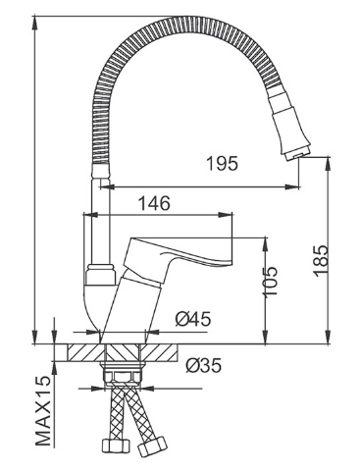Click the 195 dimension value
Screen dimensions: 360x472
pyautogui.click(x=223, y=163)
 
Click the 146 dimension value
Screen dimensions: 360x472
pyautogui.click(x=154, y=203)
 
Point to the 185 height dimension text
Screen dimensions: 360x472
pyautogui.click(x=321, y=260)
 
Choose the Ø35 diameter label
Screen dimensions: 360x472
pyautogui.click(x=204, y=365)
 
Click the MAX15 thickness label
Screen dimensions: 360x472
pyautogui.click(x=43, y=410)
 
